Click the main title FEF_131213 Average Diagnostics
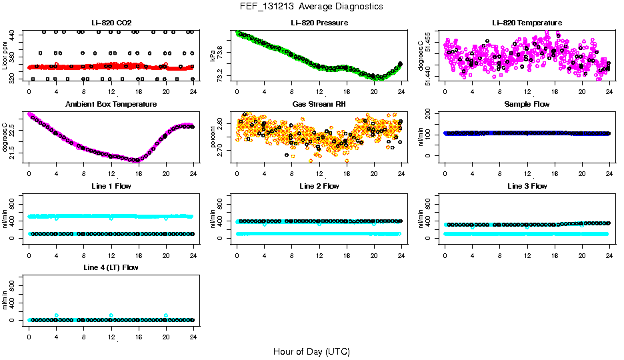click(x=312, y=6)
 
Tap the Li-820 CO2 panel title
click(x=111, y=23)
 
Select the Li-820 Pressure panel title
click(x=319, y=23)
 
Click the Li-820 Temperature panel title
click(x=527, y=23)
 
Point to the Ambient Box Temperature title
click(x=111, y=105)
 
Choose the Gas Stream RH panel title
click(x=319, y=105)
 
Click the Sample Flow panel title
click(x=527, y=105)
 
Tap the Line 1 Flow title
click(x=111, y=186)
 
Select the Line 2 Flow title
click(x=319, y=186)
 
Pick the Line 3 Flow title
click(x=527, y=186)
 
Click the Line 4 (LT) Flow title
click(x=111, y=267)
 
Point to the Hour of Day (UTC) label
click(x=311, y=351)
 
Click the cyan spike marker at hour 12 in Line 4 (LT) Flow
click(x=111, y=315)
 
